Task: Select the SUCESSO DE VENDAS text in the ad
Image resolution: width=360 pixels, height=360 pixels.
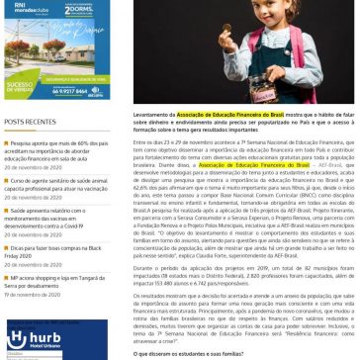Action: (x=25, y=87)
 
